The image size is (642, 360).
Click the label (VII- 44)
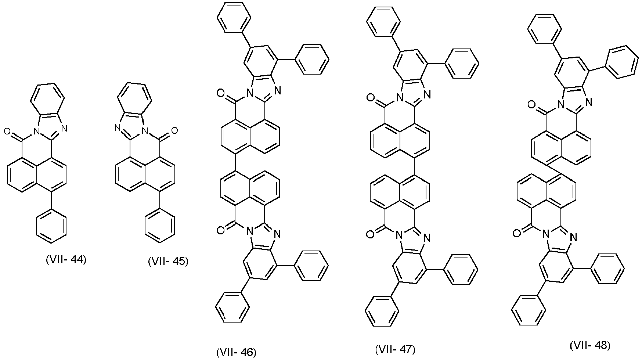66,260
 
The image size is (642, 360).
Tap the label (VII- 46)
236,352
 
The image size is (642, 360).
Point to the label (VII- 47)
395,349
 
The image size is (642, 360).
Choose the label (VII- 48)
590,345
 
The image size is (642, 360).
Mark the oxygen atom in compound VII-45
174,130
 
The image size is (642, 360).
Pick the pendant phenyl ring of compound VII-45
160,226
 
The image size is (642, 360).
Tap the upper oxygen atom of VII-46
221,94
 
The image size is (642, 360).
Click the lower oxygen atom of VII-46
221,230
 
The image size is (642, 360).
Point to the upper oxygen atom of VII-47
371,98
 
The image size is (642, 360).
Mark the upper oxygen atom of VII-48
531,105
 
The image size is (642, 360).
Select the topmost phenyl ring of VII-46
234,19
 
